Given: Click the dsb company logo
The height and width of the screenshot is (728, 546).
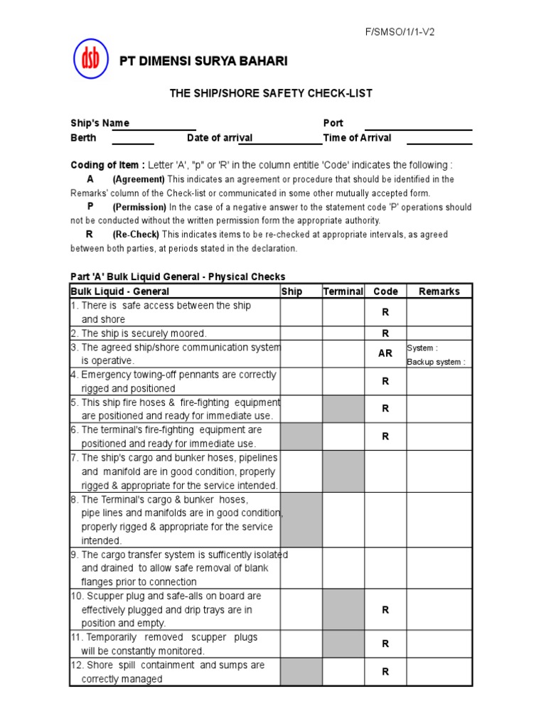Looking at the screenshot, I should [x=91, y=59].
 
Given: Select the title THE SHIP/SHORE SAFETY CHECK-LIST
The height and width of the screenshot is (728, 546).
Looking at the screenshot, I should [x=270, y=93].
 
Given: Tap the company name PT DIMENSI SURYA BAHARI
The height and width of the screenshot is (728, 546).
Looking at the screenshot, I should [x=203, y=62].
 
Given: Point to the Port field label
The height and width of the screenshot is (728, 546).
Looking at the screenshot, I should [x=333, y=123].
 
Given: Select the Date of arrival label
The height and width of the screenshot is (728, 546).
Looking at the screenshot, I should [x=220, y=138].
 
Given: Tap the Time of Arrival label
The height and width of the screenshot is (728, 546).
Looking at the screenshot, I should [x=357, y=138].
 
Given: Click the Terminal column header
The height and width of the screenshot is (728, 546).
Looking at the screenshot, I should [x=343, y=291].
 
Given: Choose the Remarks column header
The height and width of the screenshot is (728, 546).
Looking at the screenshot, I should [x=439, y=291].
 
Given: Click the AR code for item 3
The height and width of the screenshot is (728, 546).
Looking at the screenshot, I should [x=385, y=353].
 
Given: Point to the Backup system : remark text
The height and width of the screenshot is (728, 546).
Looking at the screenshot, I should [x=436, y=362].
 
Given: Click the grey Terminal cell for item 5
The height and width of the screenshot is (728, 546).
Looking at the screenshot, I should [x=343, y=409].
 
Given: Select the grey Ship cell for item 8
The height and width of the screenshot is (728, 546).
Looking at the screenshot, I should [x=301, y=520].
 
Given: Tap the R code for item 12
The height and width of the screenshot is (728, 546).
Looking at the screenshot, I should [x=385, y=671].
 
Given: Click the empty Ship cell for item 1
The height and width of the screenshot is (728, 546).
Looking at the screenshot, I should [x=301, y=312].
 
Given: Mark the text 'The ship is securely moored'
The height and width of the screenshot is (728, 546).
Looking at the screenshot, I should [x=144, y=333].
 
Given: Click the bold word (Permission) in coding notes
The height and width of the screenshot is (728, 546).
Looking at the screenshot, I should [x=139, y=207].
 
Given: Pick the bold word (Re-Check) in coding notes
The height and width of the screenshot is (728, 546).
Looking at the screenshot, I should [x=136, y=235].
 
